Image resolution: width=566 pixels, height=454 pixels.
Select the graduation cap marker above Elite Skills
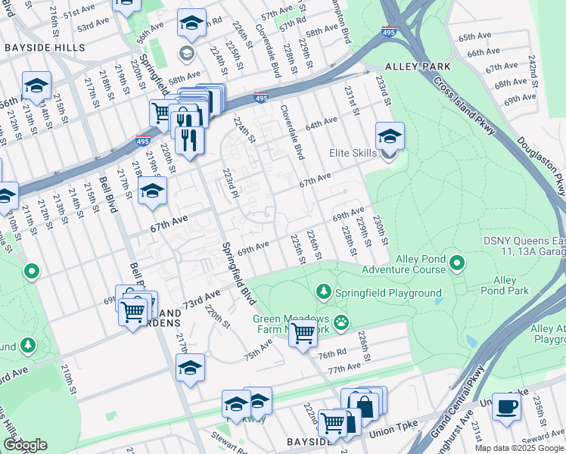pos(390,136)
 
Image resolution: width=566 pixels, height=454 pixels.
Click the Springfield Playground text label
pos(390,293)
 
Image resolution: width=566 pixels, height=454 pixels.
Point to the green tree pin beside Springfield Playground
pos(324,292)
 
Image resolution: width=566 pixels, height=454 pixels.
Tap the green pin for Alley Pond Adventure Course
pos(456,263)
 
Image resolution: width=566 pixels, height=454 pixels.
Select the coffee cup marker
pos(506,406)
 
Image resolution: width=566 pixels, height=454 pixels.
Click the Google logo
pos(25,445)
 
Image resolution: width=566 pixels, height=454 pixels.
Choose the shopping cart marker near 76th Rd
pos(303,332)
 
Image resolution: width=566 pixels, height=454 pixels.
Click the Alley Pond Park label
pos(505,285)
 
